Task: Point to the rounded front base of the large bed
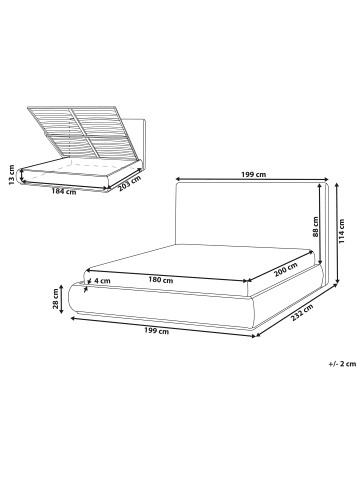pos(160,305)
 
